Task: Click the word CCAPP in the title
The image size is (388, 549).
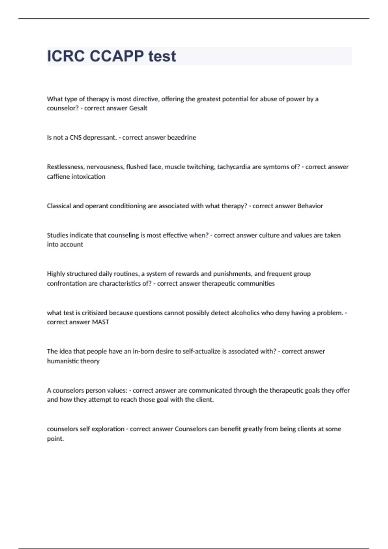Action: pos(117,56)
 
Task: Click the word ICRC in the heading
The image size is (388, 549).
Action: pos(66,56)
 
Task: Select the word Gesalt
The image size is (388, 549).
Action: pos(138,108)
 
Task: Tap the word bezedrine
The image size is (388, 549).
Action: pos(181,138)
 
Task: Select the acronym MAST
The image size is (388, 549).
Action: pos(100,322)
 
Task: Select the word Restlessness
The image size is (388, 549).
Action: pos(65,167)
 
